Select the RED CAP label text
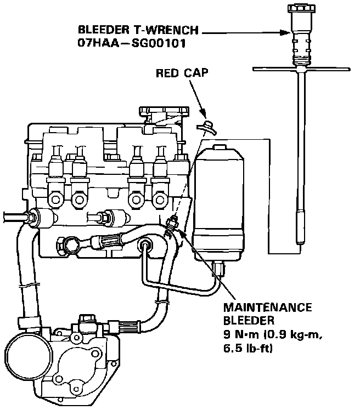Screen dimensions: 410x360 (181, 73)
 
